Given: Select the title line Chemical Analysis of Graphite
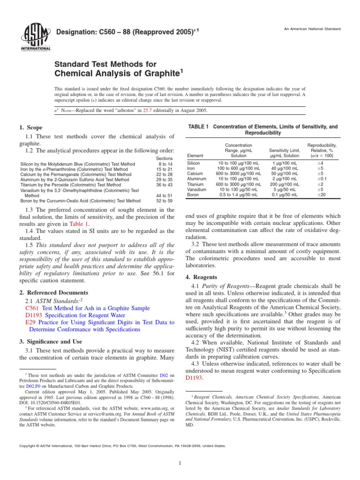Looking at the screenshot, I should tap(117, 73).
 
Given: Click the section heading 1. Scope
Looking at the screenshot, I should tap(30, 127).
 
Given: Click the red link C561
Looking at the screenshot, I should tap(32, 308).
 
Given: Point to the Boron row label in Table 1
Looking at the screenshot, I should tap(194, 195).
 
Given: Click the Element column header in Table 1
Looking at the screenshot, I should tap(195, 155).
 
